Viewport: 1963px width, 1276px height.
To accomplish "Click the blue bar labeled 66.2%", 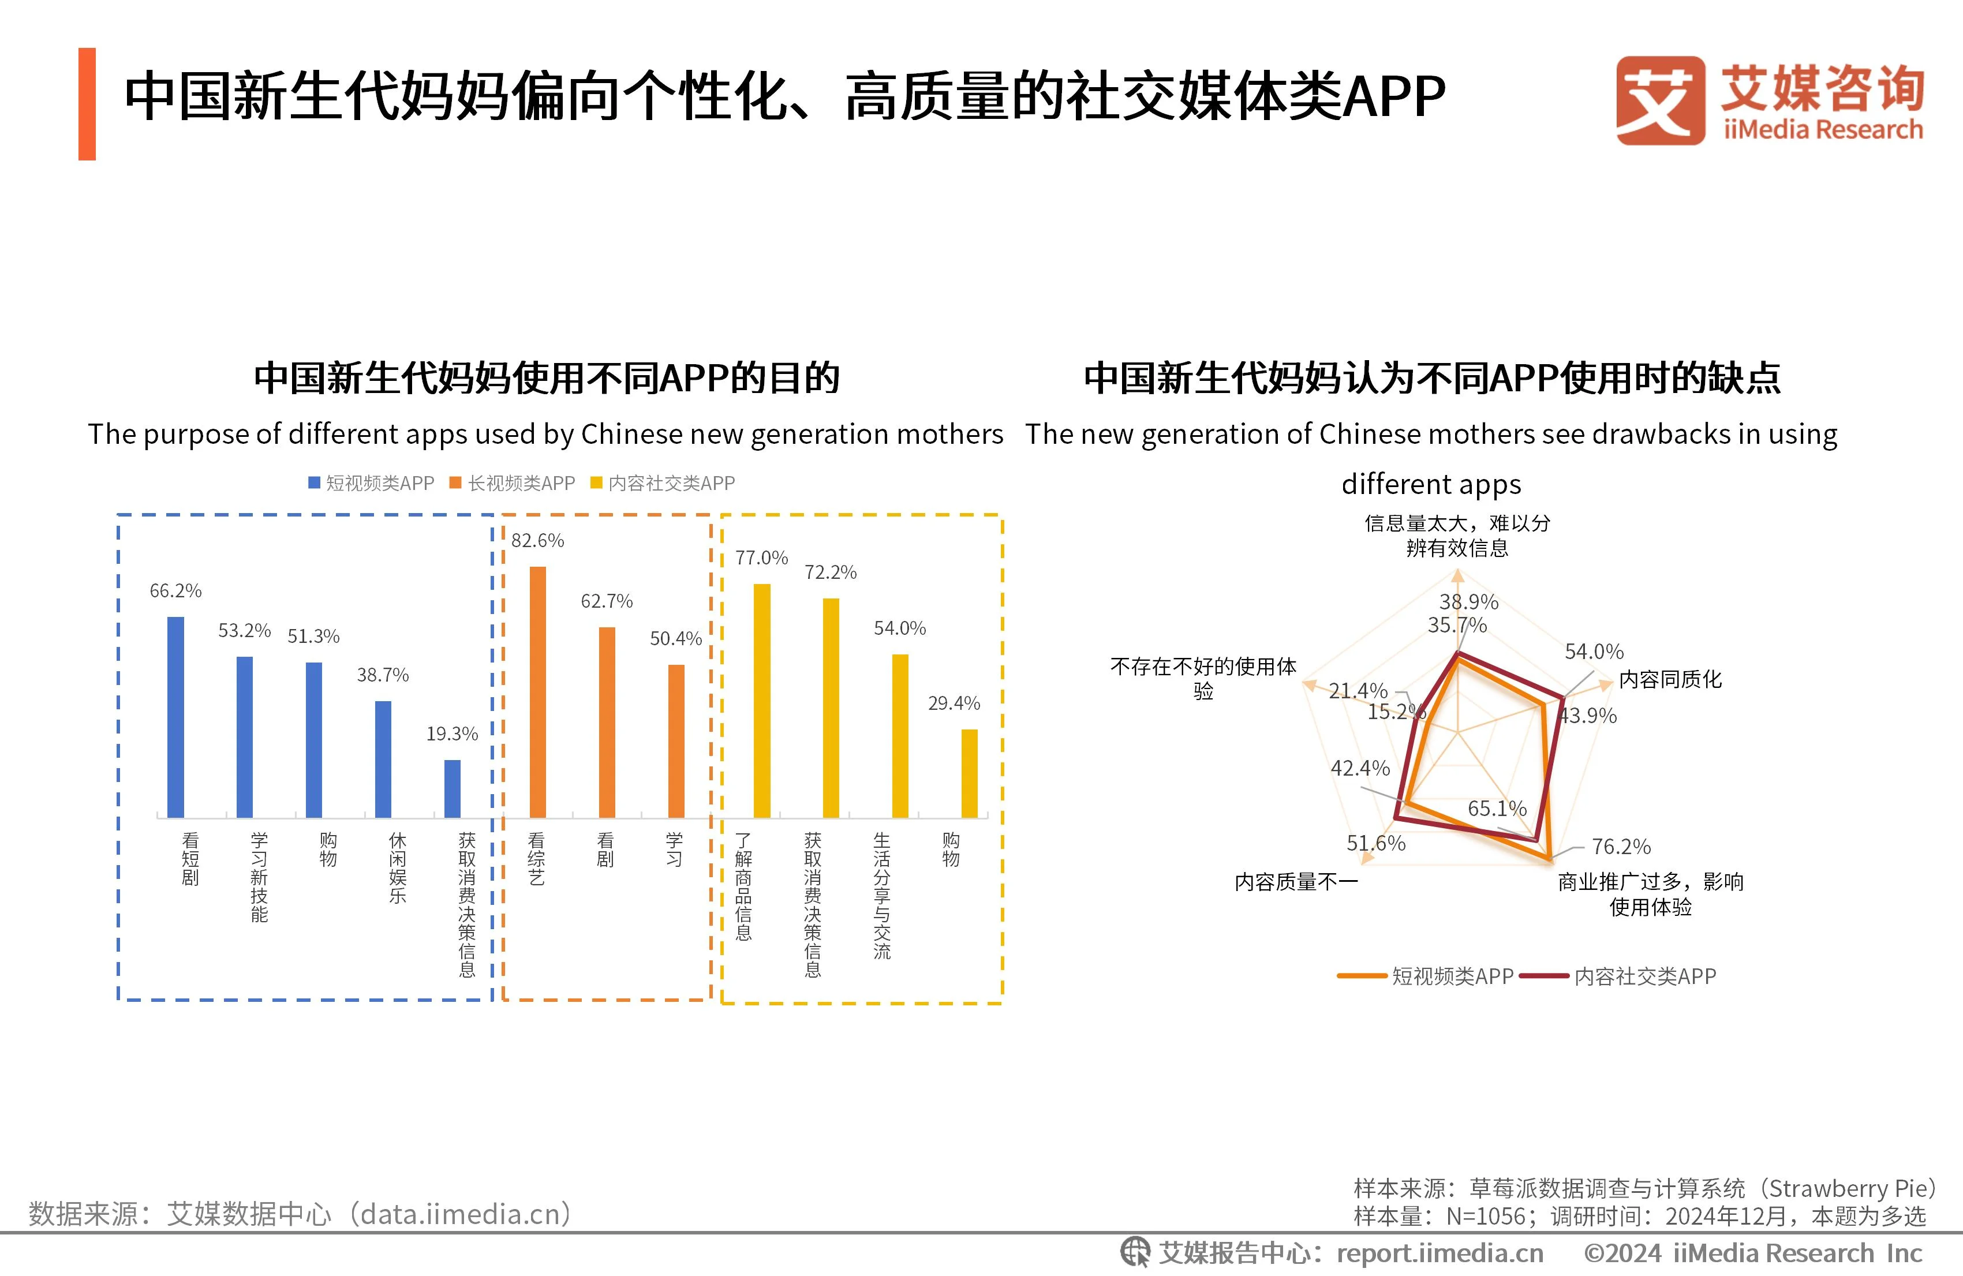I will point(175,717).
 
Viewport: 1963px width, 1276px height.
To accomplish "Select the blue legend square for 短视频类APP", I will point(314,482).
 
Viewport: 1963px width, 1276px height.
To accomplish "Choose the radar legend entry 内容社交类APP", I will point(1644,976).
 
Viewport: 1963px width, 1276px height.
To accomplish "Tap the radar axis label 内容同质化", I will point(1670,680).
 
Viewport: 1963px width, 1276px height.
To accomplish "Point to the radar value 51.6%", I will point(1376,843).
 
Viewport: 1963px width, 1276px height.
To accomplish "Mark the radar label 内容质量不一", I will point(1296,882).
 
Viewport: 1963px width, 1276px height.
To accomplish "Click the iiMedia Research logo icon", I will point(1659,100).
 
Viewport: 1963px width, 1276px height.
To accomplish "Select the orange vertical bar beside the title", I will point(87,104).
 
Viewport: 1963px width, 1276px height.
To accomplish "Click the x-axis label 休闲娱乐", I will point(398,868).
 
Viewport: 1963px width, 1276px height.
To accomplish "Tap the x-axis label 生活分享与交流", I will point(882,896).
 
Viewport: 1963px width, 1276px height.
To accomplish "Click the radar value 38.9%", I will point(1468,602).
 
